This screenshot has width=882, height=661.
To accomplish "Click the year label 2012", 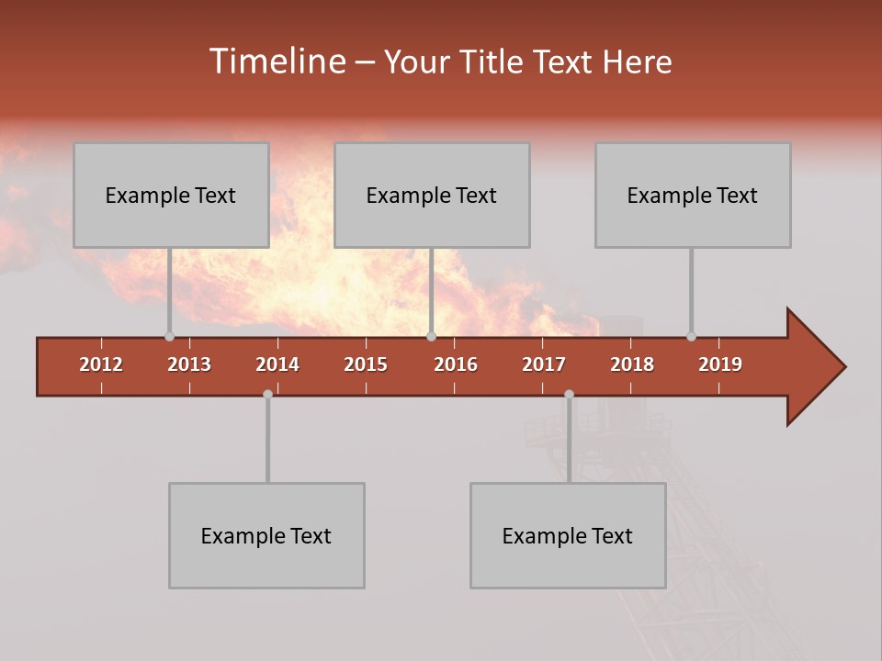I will coord(101,364).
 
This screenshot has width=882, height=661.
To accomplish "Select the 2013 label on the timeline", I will coord(189,364).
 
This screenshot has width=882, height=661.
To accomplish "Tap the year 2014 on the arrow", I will coord(277,364).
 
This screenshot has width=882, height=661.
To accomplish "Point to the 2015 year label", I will coord(366,364).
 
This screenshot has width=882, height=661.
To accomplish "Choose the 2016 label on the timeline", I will coord(456,364).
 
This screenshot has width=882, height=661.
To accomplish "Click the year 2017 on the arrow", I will coord(544,364).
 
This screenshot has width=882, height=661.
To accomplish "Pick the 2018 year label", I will coord(632,364).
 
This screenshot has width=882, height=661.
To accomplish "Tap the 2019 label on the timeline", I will coord(720,364).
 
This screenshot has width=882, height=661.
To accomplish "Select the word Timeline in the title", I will coord(277,62).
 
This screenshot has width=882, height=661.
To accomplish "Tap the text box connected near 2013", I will coord(171,195).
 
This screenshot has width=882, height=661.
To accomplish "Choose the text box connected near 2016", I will coord(432,195).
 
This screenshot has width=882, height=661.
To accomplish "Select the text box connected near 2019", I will coord(693,195).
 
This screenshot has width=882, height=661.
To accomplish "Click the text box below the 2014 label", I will coord(266,535).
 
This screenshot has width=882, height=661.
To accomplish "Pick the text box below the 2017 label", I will coord(568,535).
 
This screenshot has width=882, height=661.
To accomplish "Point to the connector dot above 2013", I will coord(169,337).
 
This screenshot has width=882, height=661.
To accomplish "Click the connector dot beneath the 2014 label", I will coord(267,394).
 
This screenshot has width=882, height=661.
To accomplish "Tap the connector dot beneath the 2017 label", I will coord(569,394).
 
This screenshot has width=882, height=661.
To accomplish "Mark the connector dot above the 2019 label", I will coord(691,337).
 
